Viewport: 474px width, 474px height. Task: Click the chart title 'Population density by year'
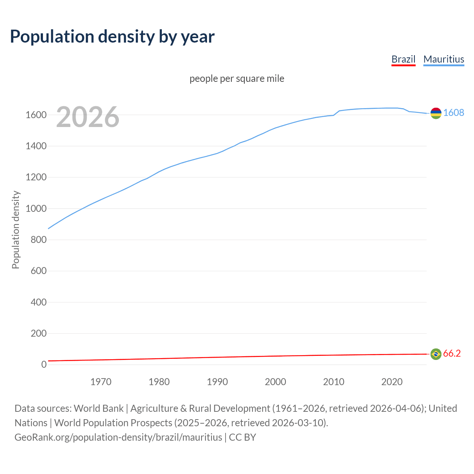tap(112, 37)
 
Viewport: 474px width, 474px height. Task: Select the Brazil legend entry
tap(403, 59)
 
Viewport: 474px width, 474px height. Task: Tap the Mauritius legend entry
tap(444, 59)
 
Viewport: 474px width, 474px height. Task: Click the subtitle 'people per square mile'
tap(237, 79)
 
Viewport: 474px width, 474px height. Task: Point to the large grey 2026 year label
tap(88, 117)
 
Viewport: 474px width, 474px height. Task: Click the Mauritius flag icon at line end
tap(436, 113)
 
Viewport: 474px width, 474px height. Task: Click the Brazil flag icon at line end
tap(436, 354)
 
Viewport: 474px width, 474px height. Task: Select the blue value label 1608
tap(454, 113)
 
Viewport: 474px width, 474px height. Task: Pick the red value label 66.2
tap(452, 354)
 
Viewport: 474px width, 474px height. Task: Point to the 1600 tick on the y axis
tap(36, 115)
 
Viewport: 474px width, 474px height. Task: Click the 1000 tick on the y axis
tap(36, 209)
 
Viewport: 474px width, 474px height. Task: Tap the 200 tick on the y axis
tap(39, 334)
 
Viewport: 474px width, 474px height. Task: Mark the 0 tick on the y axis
tap(44, 365)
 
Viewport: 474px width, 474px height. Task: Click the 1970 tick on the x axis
tap(101, 382)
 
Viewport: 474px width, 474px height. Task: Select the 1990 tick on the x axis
tap(217, 382)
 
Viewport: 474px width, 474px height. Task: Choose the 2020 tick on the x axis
tap(392, 382)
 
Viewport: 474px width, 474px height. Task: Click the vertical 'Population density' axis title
tap(16, 230)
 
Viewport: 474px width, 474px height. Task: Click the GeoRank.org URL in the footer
tap(118, 437)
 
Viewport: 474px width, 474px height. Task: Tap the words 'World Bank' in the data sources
tap(99, 408)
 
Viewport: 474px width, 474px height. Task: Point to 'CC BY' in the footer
tap(243, 437)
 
